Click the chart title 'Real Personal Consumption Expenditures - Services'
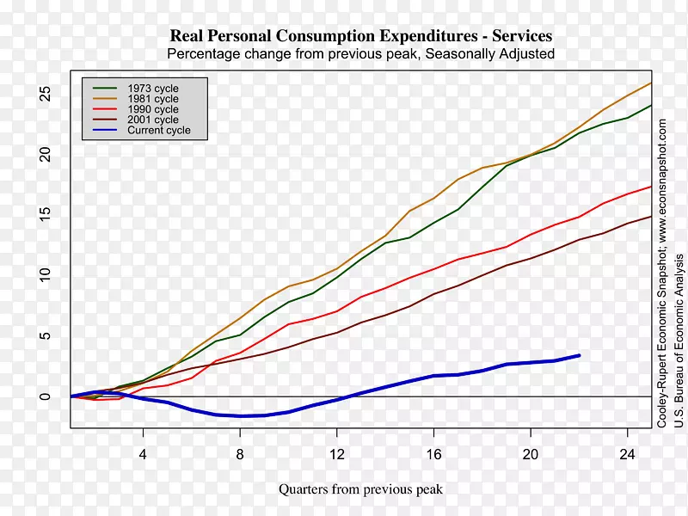(x=360, y=36)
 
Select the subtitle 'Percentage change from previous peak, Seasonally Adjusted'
(x=360, y=54)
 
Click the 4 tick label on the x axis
(x=143, y=453)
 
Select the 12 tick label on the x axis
(x=337, y=453)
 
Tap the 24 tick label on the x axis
(x=627, y=453)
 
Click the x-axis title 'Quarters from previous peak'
(x=360, y=489)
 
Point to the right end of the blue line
(x=579, y=355)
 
